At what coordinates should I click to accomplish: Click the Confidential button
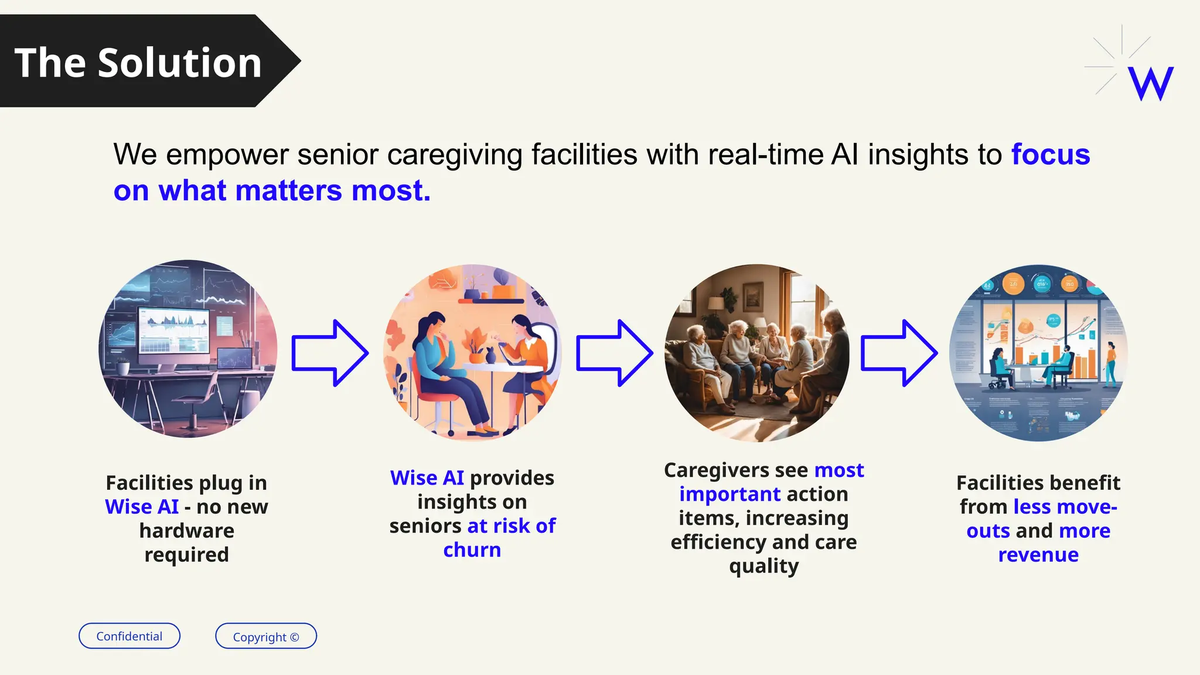[129, 636]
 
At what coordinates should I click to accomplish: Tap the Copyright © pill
[265, 636]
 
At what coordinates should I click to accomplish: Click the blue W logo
[1150, 83]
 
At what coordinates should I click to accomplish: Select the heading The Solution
[138, 63]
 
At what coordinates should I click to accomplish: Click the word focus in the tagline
[1050, 155]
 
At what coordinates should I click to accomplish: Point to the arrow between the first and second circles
[330, 353]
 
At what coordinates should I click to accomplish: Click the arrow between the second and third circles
[614, 353]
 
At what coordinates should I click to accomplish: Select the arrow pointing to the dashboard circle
[898, 353]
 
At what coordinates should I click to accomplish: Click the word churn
[472, 550]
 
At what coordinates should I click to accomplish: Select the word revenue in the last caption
[1038, 555]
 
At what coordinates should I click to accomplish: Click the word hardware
[186, 531]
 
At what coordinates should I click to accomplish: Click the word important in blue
[729, 495]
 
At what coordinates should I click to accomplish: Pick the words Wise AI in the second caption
[427, 478]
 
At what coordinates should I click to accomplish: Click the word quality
[763, 567]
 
